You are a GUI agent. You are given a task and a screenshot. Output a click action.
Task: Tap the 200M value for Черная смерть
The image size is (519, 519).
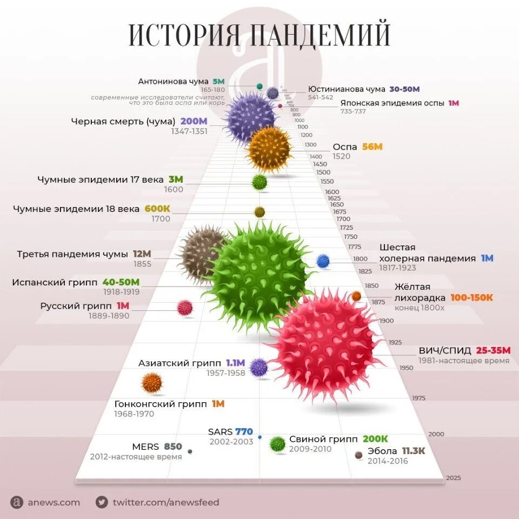(194, 121)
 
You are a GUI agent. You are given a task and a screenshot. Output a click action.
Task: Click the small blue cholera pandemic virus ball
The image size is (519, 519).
(323, 261)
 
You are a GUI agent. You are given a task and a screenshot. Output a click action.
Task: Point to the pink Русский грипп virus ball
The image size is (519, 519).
(185, 308)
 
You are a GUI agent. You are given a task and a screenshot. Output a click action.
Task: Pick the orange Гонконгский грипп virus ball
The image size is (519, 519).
(152, 383)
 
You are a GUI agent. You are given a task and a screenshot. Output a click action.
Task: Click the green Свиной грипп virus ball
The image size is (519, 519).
(277, 444)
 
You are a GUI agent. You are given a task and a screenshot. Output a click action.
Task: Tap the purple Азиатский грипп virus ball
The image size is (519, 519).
(258, 368)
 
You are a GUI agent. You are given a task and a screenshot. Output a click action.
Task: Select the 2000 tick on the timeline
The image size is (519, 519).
(436, 434)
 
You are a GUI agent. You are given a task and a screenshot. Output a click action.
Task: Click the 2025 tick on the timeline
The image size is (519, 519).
(453, 478)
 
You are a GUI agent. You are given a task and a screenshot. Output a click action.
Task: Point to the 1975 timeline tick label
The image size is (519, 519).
(418, 398)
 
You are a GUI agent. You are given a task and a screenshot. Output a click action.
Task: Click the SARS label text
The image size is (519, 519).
(220, 431)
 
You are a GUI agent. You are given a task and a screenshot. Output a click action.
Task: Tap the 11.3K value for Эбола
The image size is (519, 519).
(414, 451)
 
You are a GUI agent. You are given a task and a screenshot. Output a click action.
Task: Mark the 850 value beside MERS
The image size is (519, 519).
(173, 447)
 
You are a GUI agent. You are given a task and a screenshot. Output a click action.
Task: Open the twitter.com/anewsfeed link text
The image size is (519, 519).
(166, 502)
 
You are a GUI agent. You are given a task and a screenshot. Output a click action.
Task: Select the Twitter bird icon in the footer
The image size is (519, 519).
(101, 502)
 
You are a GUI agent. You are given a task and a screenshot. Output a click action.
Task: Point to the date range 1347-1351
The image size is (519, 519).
(189, 131)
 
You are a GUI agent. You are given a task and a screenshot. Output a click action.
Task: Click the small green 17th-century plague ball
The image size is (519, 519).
(259, 182)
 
